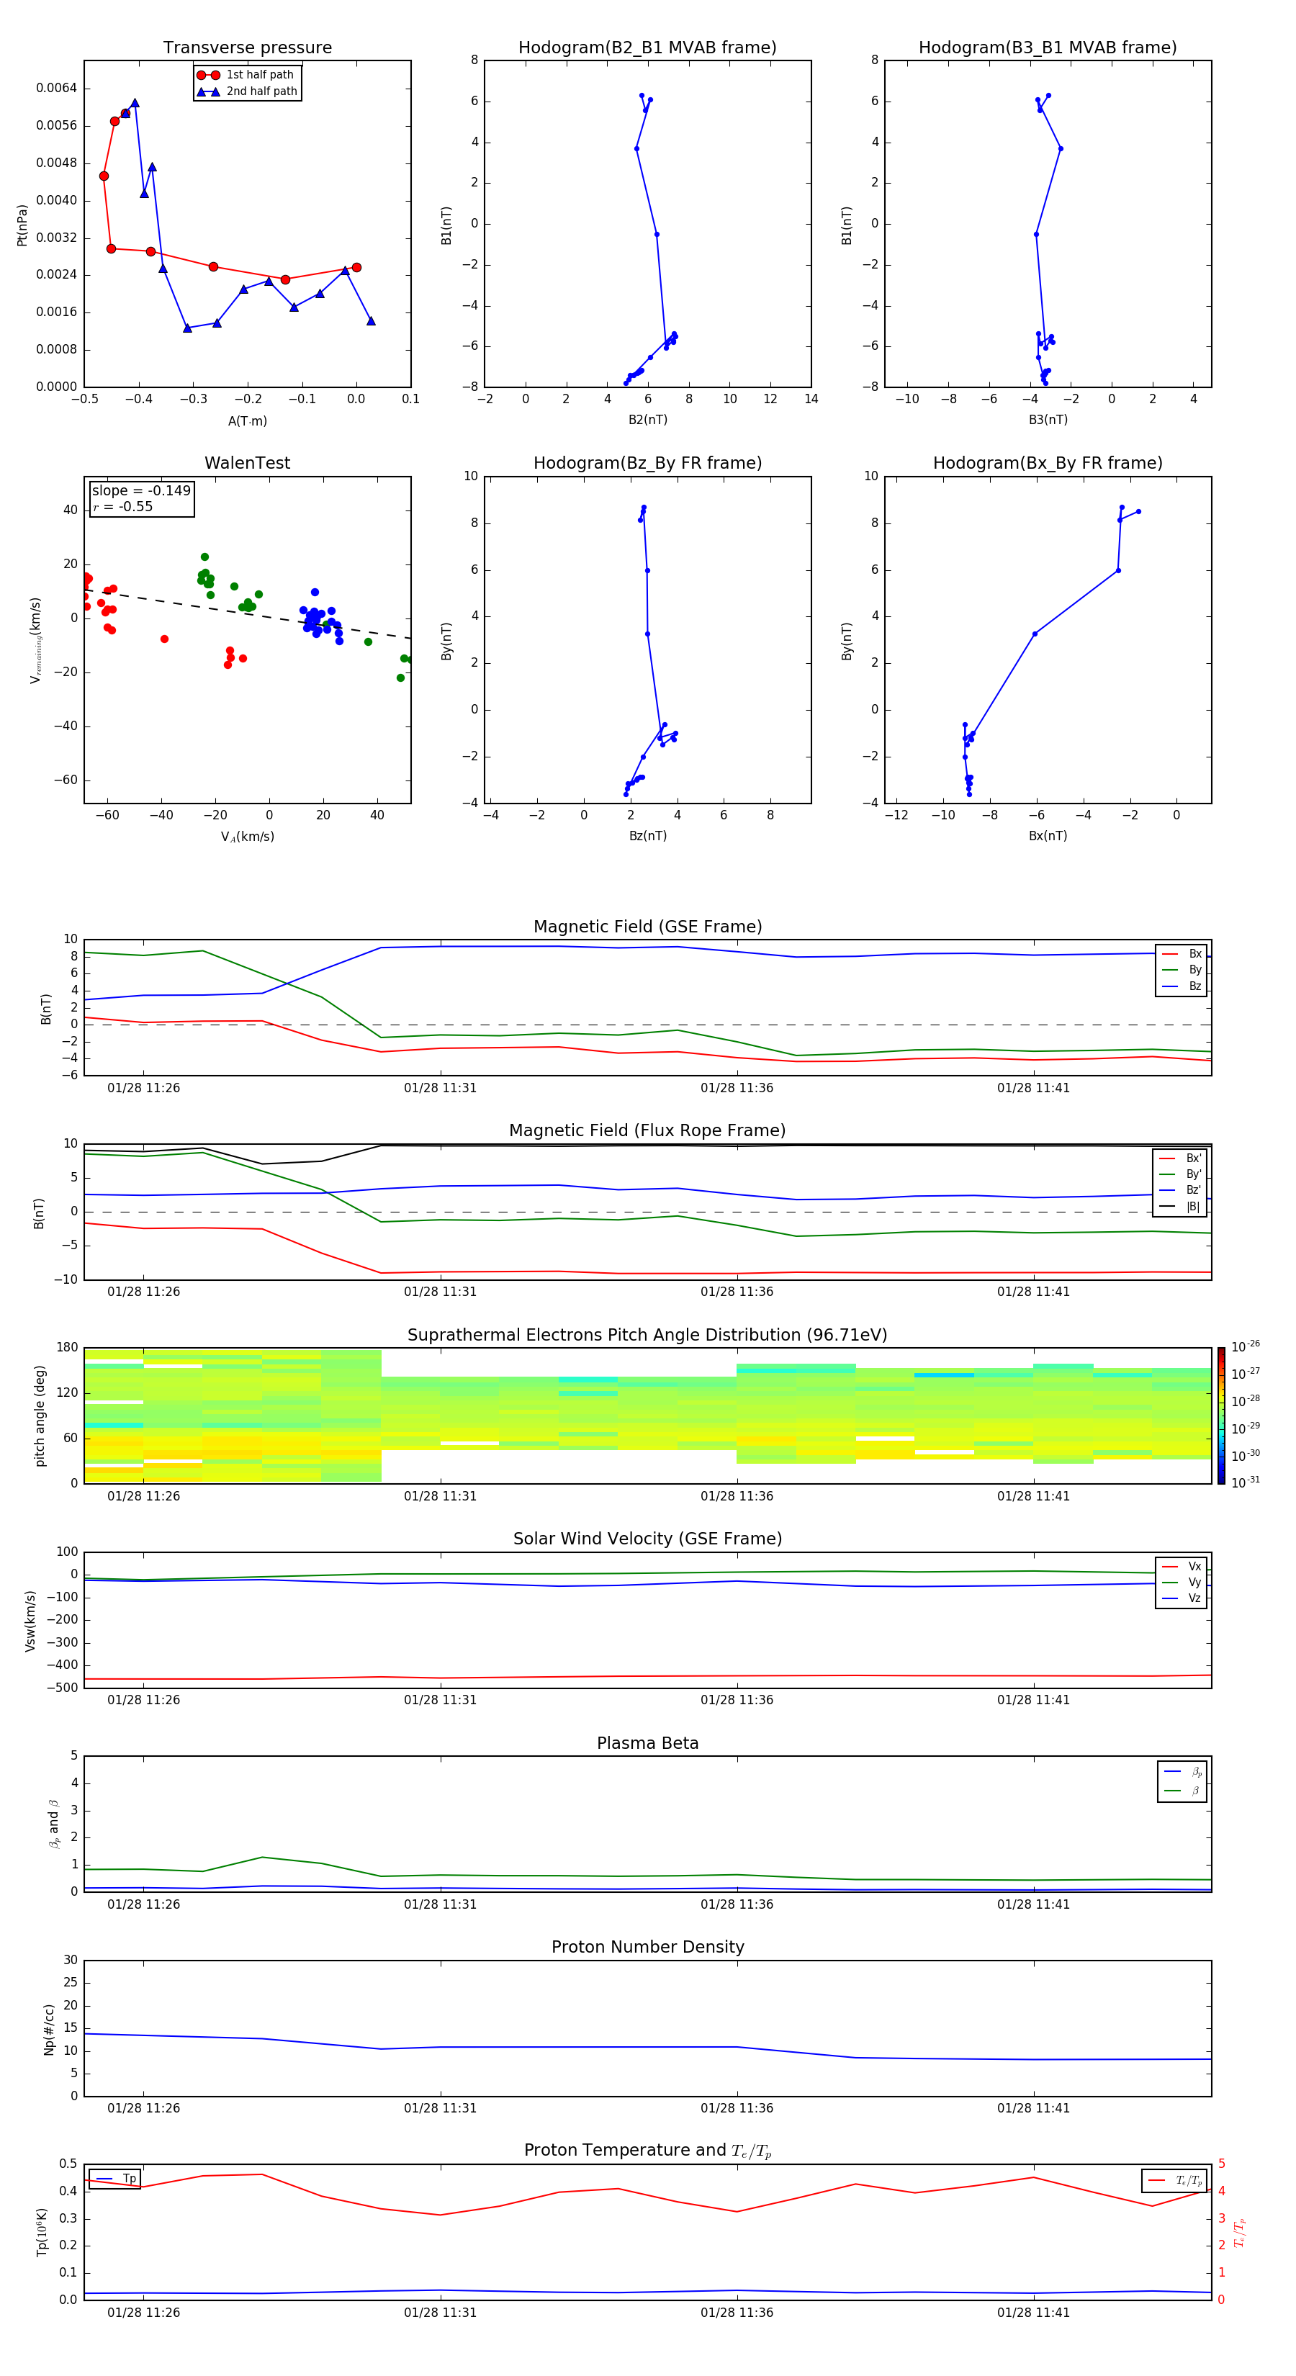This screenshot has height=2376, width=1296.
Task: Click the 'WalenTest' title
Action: pyautogui.click(x=247, y=463)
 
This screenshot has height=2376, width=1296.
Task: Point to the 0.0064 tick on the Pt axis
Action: pyautogui.click(x=56, y=89)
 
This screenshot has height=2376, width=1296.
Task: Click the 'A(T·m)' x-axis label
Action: pyautogui.click(x=247, y=421)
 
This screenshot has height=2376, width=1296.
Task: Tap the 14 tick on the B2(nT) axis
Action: pyautogui.click(x=811, y=400)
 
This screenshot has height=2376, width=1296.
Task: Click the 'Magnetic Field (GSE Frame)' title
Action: pyautogui.click(x=647, y=927)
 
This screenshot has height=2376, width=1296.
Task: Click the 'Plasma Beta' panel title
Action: pyautogui.click(x=647, y=1743)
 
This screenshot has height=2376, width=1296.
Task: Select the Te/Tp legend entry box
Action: pyautogui.click(x=1174, y=2180)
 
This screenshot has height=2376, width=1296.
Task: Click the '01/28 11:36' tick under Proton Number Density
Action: pyautogui.click(x=736, y=2108)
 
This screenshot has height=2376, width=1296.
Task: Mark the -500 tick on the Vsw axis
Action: pyautogui.click(x=65, y=1688)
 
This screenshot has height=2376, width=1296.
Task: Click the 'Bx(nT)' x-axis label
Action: pyautogui.click(x=1047, y=836)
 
